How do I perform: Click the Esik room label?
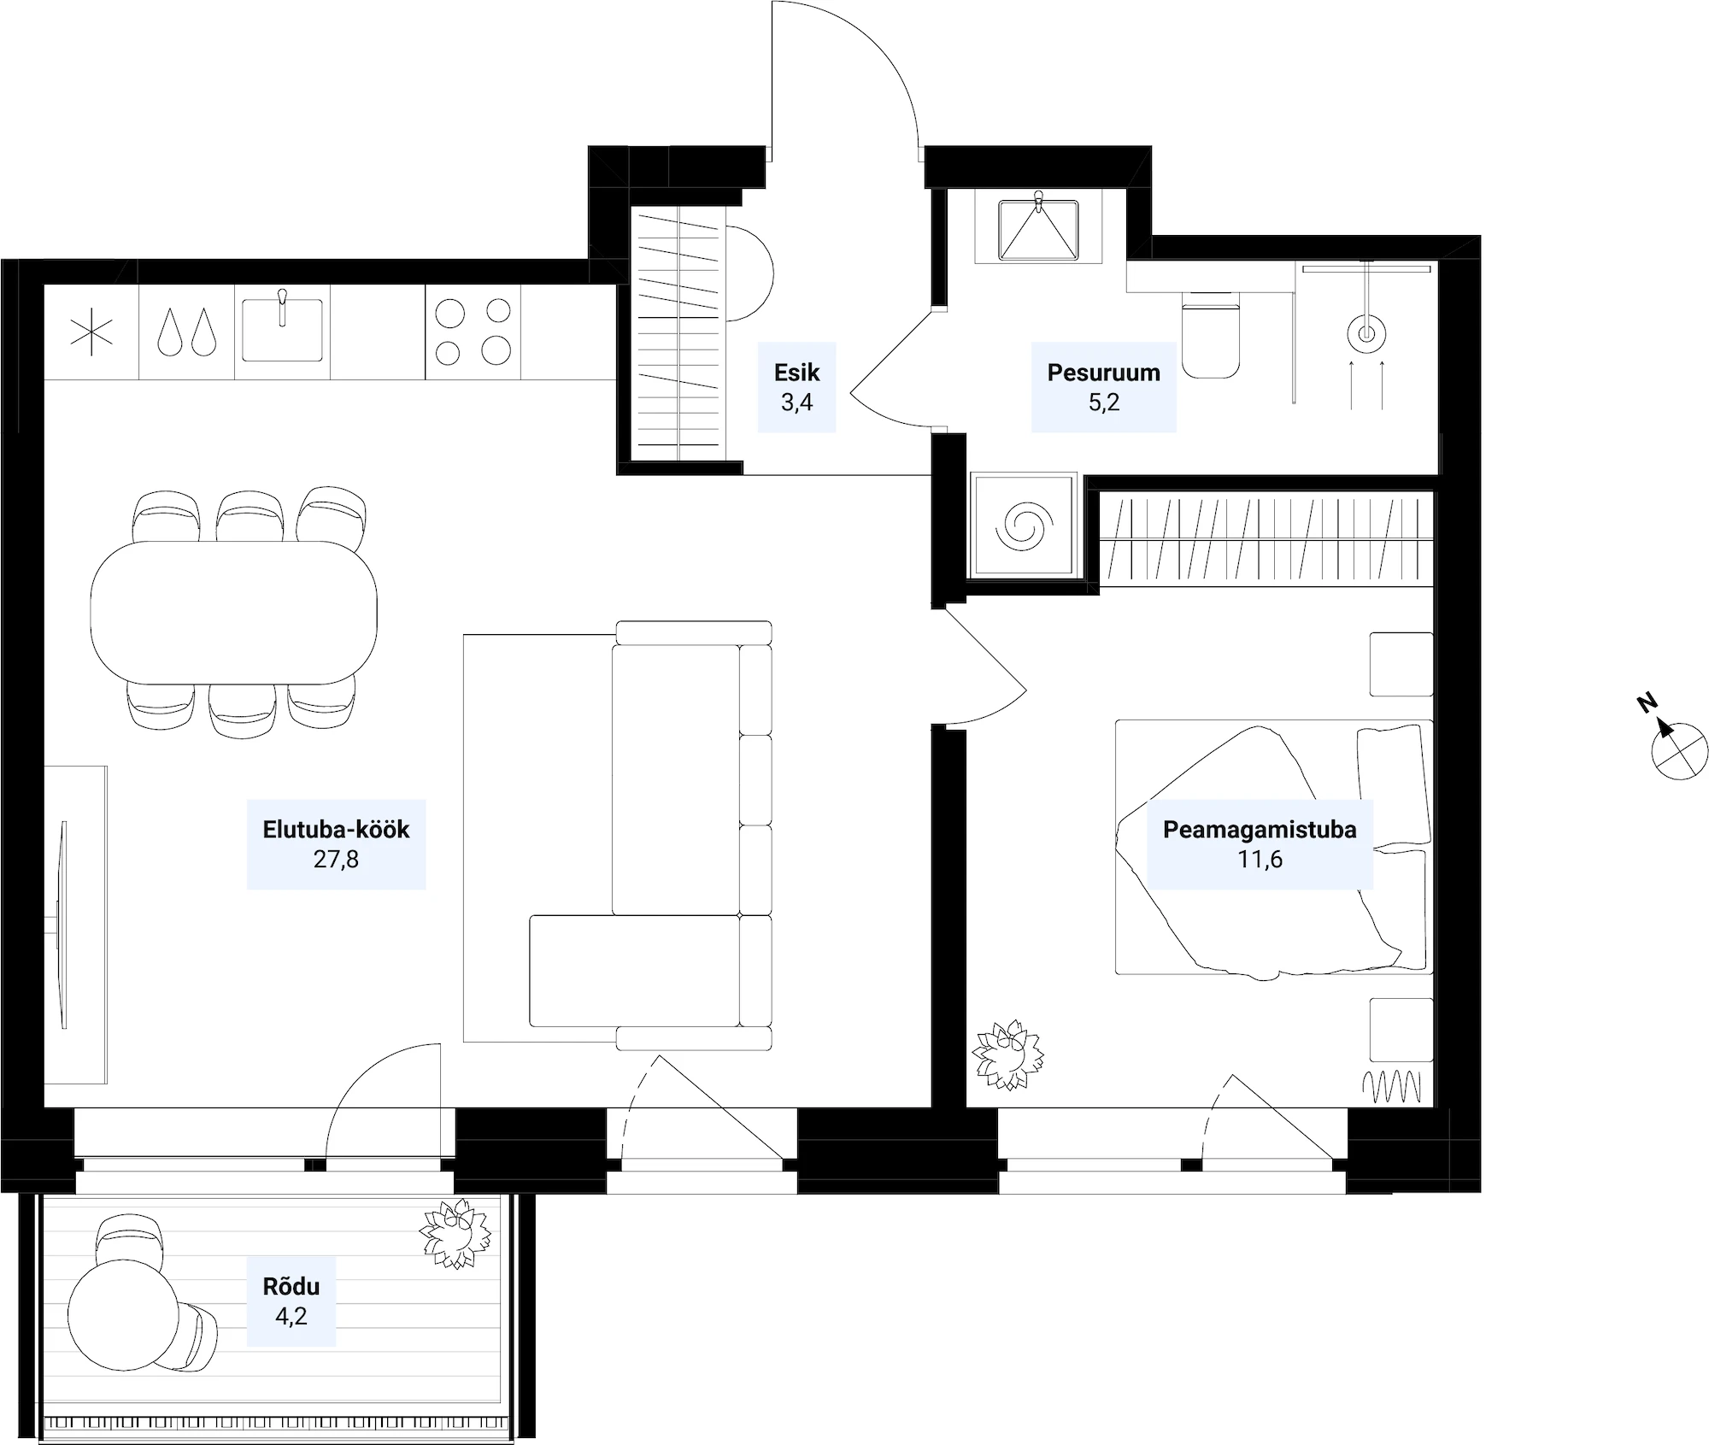(796, 387)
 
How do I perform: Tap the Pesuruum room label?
(1103, 387)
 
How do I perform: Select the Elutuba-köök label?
(336, 844)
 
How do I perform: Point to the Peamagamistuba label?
(1260, 844)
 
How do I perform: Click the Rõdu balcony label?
(291, 1301)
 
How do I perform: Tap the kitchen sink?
(282, 329)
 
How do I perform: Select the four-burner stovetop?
(473, 332)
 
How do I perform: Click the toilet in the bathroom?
(1211, 334)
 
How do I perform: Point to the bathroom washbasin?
(1038, 229)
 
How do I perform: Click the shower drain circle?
(1365, 333)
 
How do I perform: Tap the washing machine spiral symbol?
(1022, 526)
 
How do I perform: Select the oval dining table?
(234, 612)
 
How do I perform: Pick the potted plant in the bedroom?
(1008, 1054)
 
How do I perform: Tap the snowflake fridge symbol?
(91, 332)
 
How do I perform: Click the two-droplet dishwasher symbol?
(186, 332)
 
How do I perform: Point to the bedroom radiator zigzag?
(1392, 1086)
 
